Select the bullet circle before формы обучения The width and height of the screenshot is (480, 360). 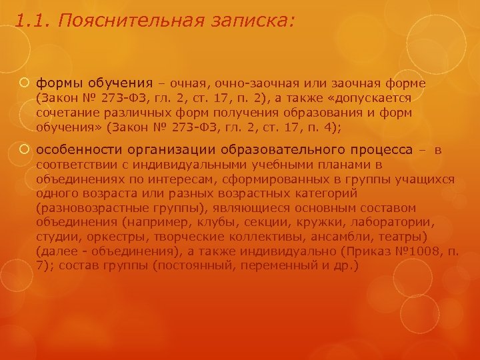pyautogui.click(x=24, y=83)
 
